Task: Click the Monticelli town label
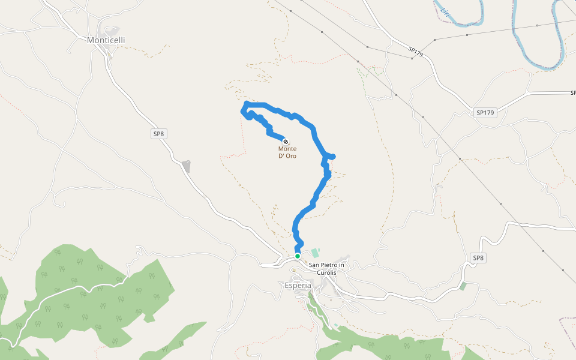(x=106, y=40)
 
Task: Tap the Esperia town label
(x=298, y=286)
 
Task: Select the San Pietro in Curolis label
(x=326, y=268)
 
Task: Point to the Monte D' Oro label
(x=287, y=152)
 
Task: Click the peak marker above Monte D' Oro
(x=285, y=142)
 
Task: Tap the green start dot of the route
(x=297, y=256)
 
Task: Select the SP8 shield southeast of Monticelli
(x=158, y=134)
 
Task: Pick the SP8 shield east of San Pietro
(x=478, y=258)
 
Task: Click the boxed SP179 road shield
(x=485, y=113)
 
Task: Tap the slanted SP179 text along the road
(x=416, y=52)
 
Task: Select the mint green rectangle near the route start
(x=315, y=253)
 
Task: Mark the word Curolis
(x=326, y=272)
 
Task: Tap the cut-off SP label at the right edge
(x=573, y=93)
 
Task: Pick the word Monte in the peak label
(x=287, y=149)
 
